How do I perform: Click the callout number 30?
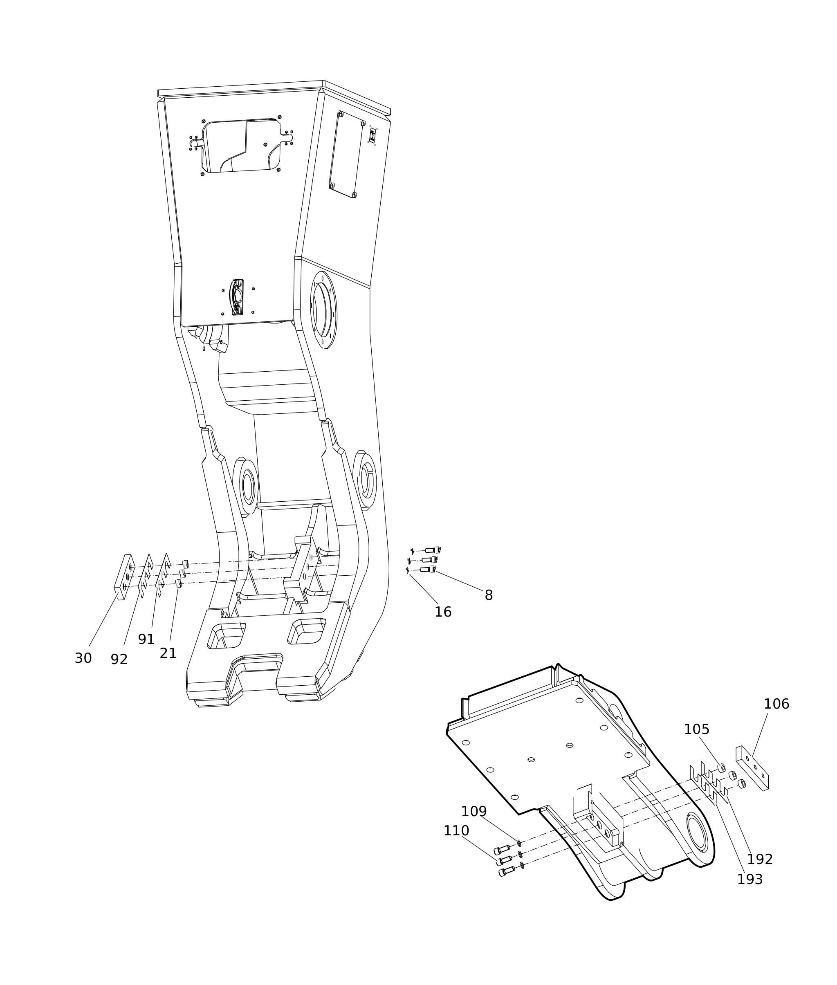tap(83, 659)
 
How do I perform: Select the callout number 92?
tap(119, 660)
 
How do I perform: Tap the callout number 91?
tap(146, 639)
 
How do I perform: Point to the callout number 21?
tap(168, 653)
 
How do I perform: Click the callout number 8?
tap(489, 595)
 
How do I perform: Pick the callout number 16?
tap(443, 613)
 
